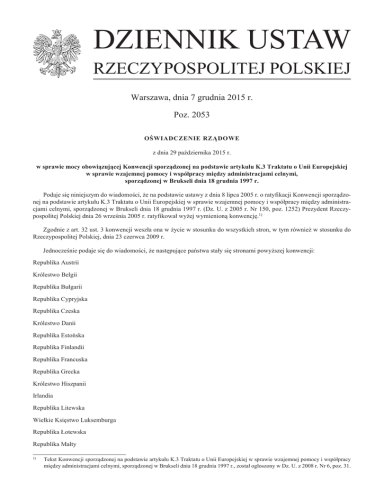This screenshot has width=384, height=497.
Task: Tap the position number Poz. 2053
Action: (192, 115)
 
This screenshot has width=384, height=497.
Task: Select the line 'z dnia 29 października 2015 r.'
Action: (192, 151)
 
